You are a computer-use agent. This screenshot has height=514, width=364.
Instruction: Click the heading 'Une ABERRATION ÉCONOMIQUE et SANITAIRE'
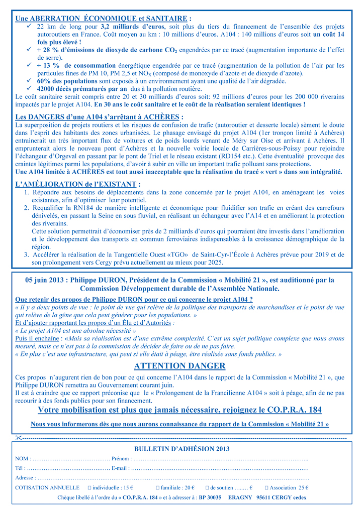[103, 18]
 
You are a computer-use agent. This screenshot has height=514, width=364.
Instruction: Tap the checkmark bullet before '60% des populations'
[30, 81]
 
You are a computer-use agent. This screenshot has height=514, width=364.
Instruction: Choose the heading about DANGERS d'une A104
[99, 117]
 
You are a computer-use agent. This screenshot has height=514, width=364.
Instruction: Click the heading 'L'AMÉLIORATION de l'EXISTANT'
[78, 184]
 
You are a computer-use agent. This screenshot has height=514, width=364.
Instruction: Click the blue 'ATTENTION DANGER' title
[179, 365]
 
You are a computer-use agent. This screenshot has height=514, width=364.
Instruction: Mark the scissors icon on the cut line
[19, 438]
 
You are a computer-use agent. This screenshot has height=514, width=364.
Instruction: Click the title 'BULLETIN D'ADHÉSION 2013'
[181, 448]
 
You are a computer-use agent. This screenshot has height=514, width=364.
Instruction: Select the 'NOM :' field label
[23, 458]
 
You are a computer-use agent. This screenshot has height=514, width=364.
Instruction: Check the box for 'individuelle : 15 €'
[89, 487]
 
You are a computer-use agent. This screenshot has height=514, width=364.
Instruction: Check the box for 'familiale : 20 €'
[158, 487]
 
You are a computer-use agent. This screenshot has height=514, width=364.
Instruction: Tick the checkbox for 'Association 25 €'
[266, 487]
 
